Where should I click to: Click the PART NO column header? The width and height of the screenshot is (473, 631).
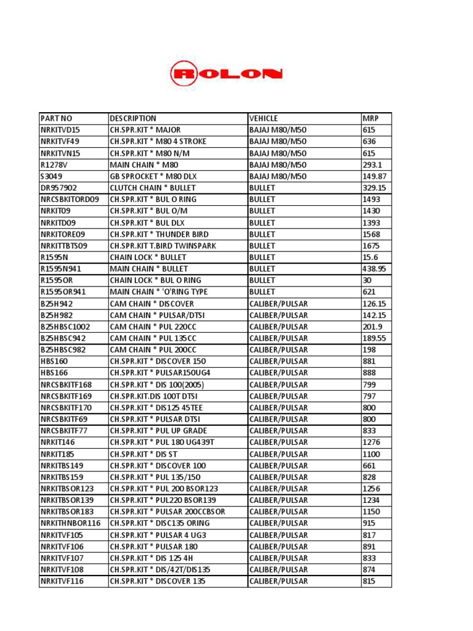click(x=56, y=118)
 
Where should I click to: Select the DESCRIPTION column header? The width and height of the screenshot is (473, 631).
click(x=133, y=118)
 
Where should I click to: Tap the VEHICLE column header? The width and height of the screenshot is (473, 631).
click(x=264, y=118)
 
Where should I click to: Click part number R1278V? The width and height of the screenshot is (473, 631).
click(x=54, y=165)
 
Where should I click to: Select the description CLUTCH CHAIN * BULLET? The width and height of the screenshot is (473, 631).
click(x=153, y=188)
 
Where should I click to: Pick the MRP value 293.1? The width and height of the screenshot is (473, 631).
click(x=373, y=165)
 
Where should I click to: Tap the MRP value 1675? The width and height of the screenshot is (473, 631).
click(x=371, y=246)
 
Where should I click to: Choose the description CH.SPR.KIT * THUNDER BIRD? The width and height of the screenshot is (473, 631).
click(x=159, y=234)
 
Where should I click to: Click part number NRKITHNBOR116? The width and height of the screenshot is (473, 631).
click(x=70, y=523)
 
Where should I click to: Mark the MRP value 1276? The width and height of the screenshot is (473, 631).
click(x=371, y=442)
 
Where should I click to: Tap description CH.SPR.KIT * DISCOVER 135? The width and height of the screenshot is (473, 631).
click(x=158, y=581)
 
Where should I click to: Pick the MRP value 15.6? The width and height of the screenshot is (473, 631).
click(x=370, y=258)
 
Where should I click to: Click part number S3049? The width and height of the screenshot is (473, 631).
click(x=52, y=176)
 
